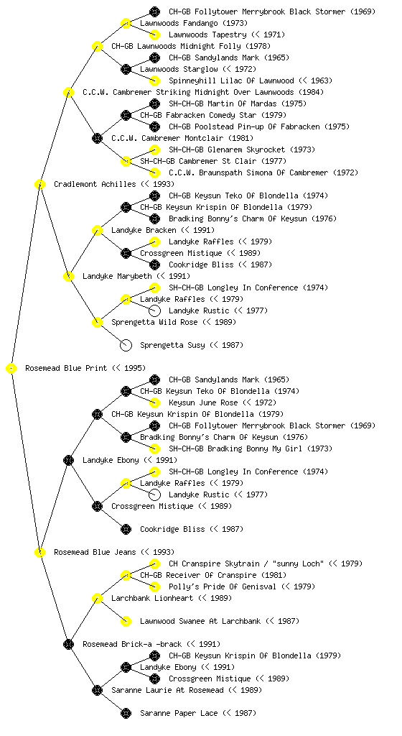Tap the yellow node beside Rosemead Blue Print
11,369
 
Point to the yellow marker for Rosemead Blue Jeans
39,553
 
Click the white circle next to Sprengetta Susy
126,346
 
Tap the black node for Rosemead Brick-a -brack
68,645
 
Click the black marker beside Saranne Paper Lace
126,714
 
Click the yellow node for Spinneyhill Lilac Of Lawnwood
154,80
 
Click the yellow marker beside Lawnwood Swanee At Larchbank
126,622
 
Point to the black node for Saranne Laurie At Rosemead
97,691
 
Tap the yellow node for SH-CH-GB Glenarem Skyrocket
154,149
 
